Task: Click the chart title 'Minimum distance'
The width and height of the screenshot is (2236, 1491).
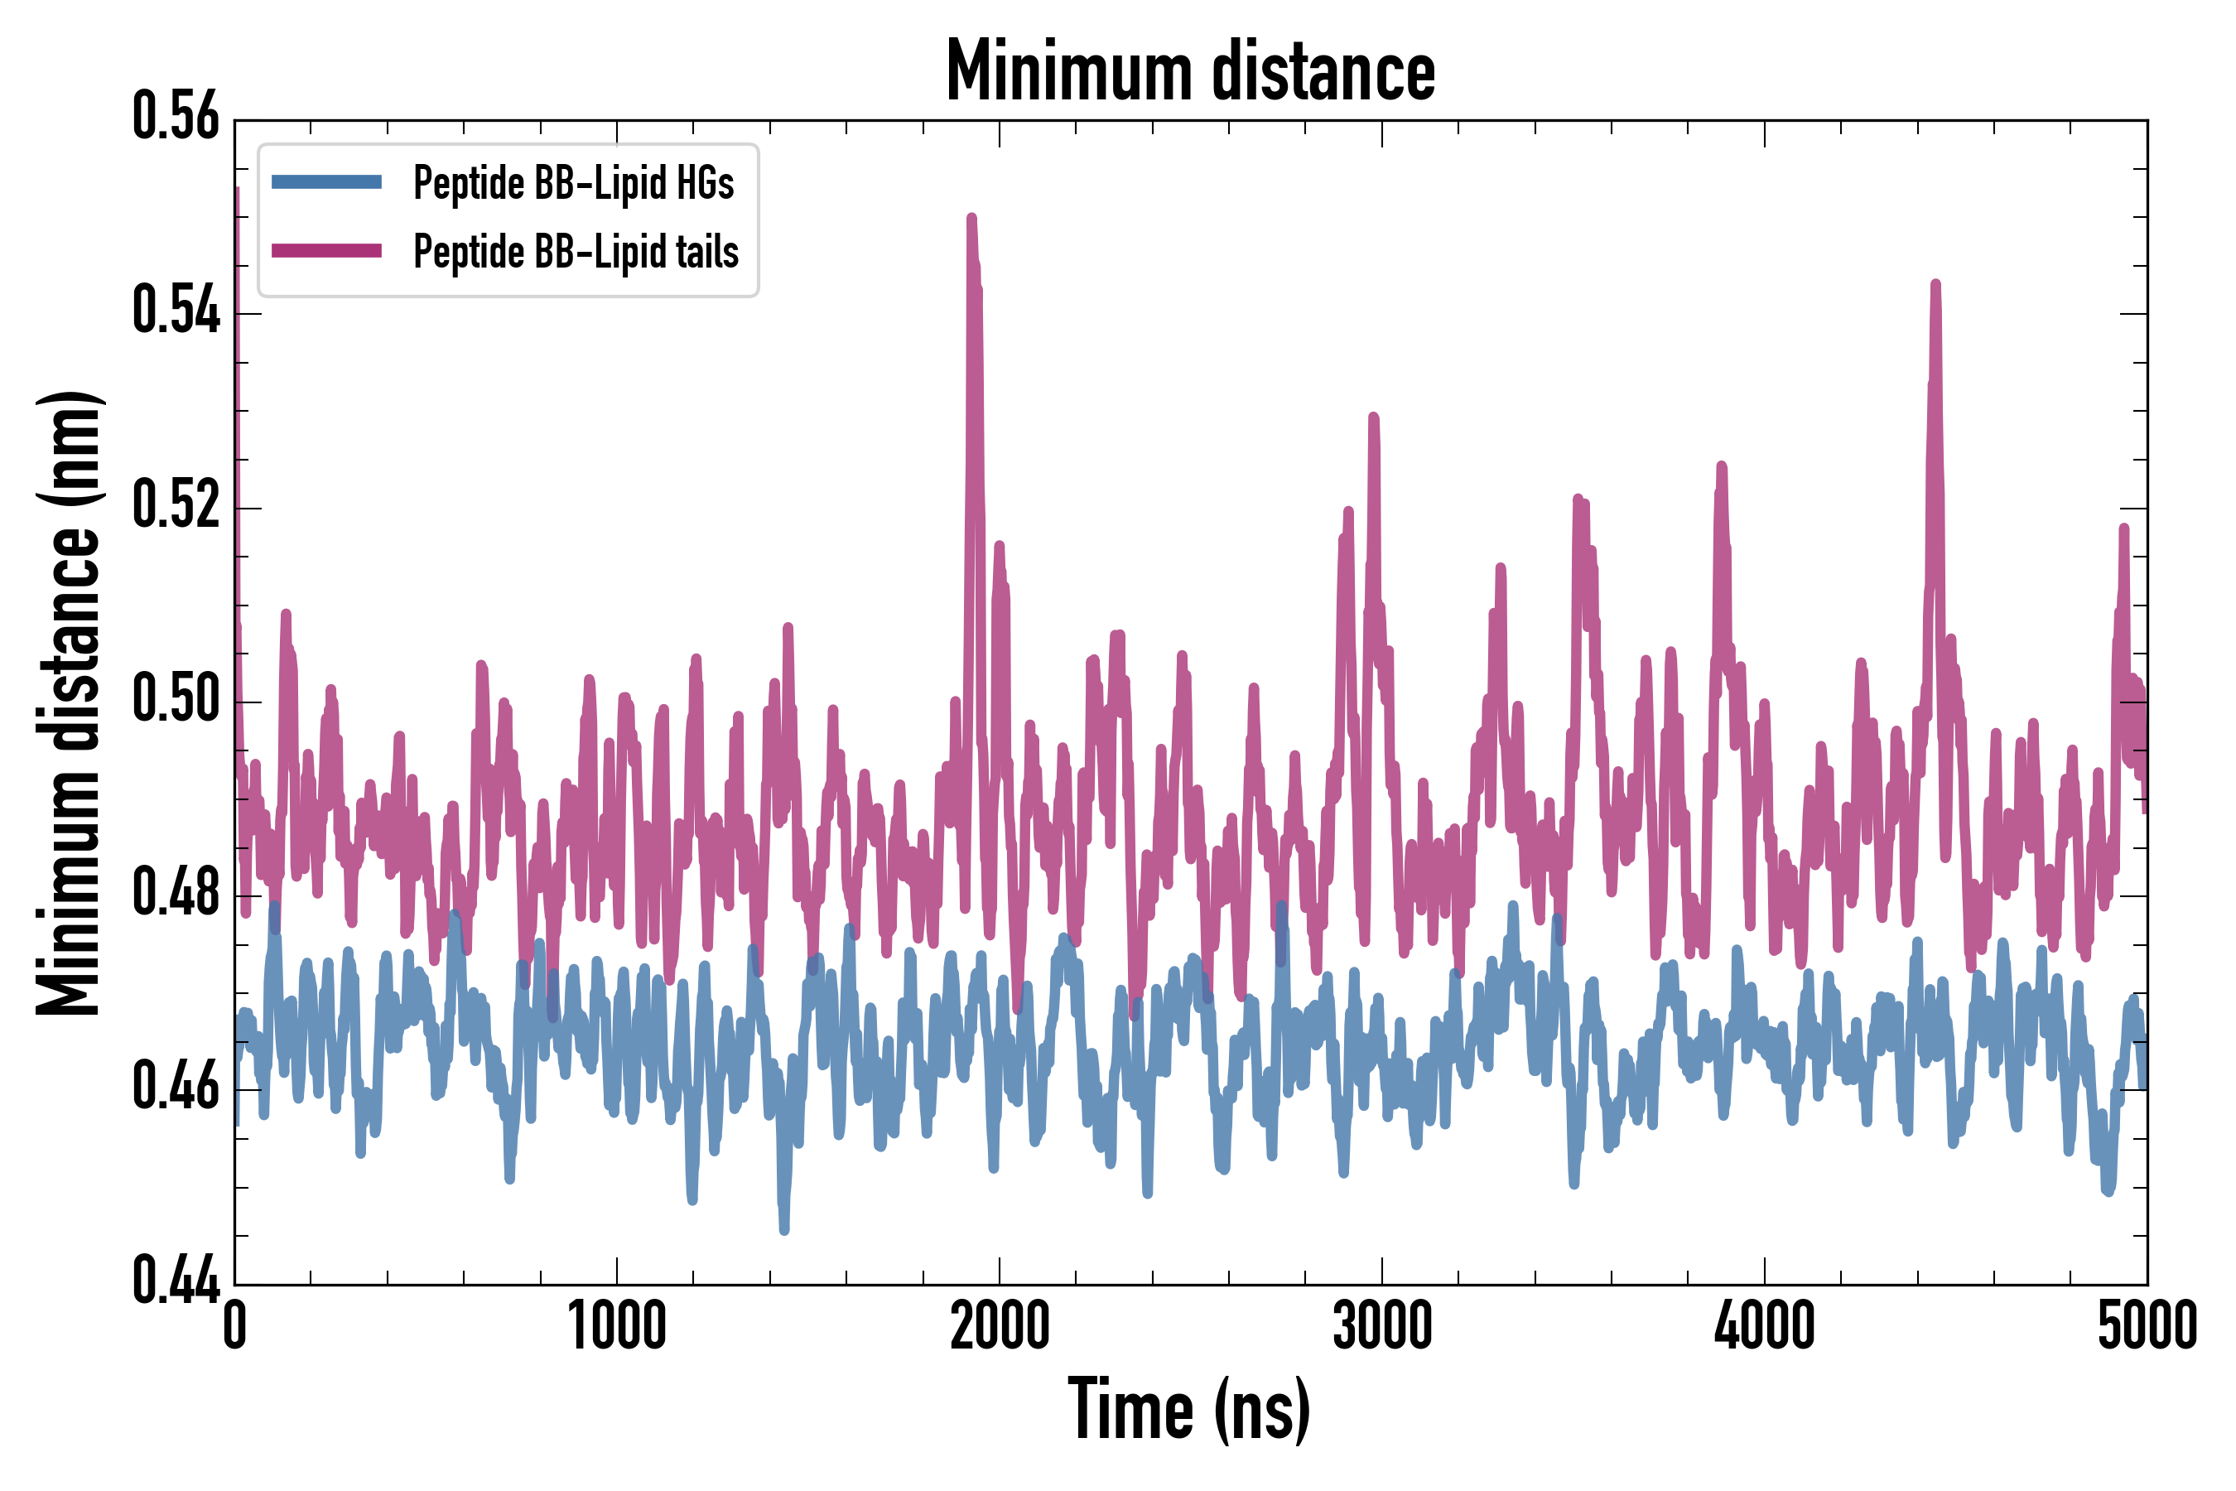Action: pyautogui.click(x=1190, y=71)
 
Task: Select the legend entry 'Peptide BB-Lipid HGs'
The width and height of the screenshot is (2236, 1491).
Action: pyautogui.click(x=573, y=182)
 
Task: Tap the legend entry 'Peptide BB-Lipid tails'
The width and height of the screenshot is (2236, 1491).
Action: pyautogui.click(x=576, y=252)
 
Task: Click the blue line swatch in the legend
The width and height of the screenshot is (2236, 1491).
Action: pyautogui.click(x=326, y=182)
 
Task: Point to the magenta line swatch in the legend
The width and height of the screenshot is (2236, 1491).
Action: pyautogui.click(x=326, y=251)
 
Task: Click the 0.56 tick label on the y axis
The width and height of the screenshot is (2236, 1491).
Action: pyautogui.click(x=176, y=118)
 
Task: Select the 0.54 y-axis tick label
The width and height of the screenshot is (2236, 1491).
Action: pyautogui.click(x=176, y=312)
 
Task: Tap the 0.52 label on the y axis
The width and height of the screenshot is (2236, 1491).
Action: pyautogui.click(x=176, y=506)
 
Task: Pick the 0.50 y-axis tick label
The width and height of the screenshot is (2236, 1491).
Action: pyautogui.click(x=176, y=700)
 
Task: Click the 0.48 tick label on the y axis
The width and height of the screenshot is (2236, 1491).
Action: pyautogui.click(x=176, y=894)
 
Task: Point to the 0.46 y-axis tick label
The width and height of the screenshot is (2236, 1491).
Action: pyautogui.click(x=176, y=1088)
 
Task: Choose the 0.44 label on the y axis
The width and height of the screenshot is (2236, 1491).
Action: pyautogui.click(x=176, y=1281)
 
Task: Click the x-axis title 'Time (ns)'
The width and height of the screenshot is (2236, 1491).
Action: pyautogui.click(x=1189, y=1411)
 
